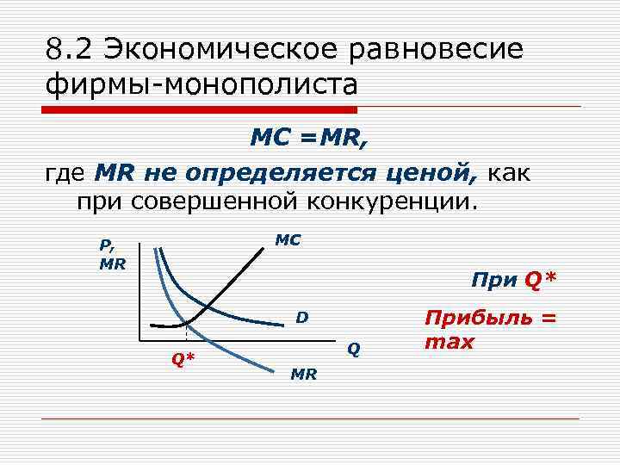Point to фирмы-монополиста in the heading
202,86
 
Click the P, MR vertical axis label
112,256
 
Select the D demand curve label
301,318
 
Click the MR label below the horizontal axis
304,374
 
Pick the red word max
449,342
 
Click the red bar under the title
200,110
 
